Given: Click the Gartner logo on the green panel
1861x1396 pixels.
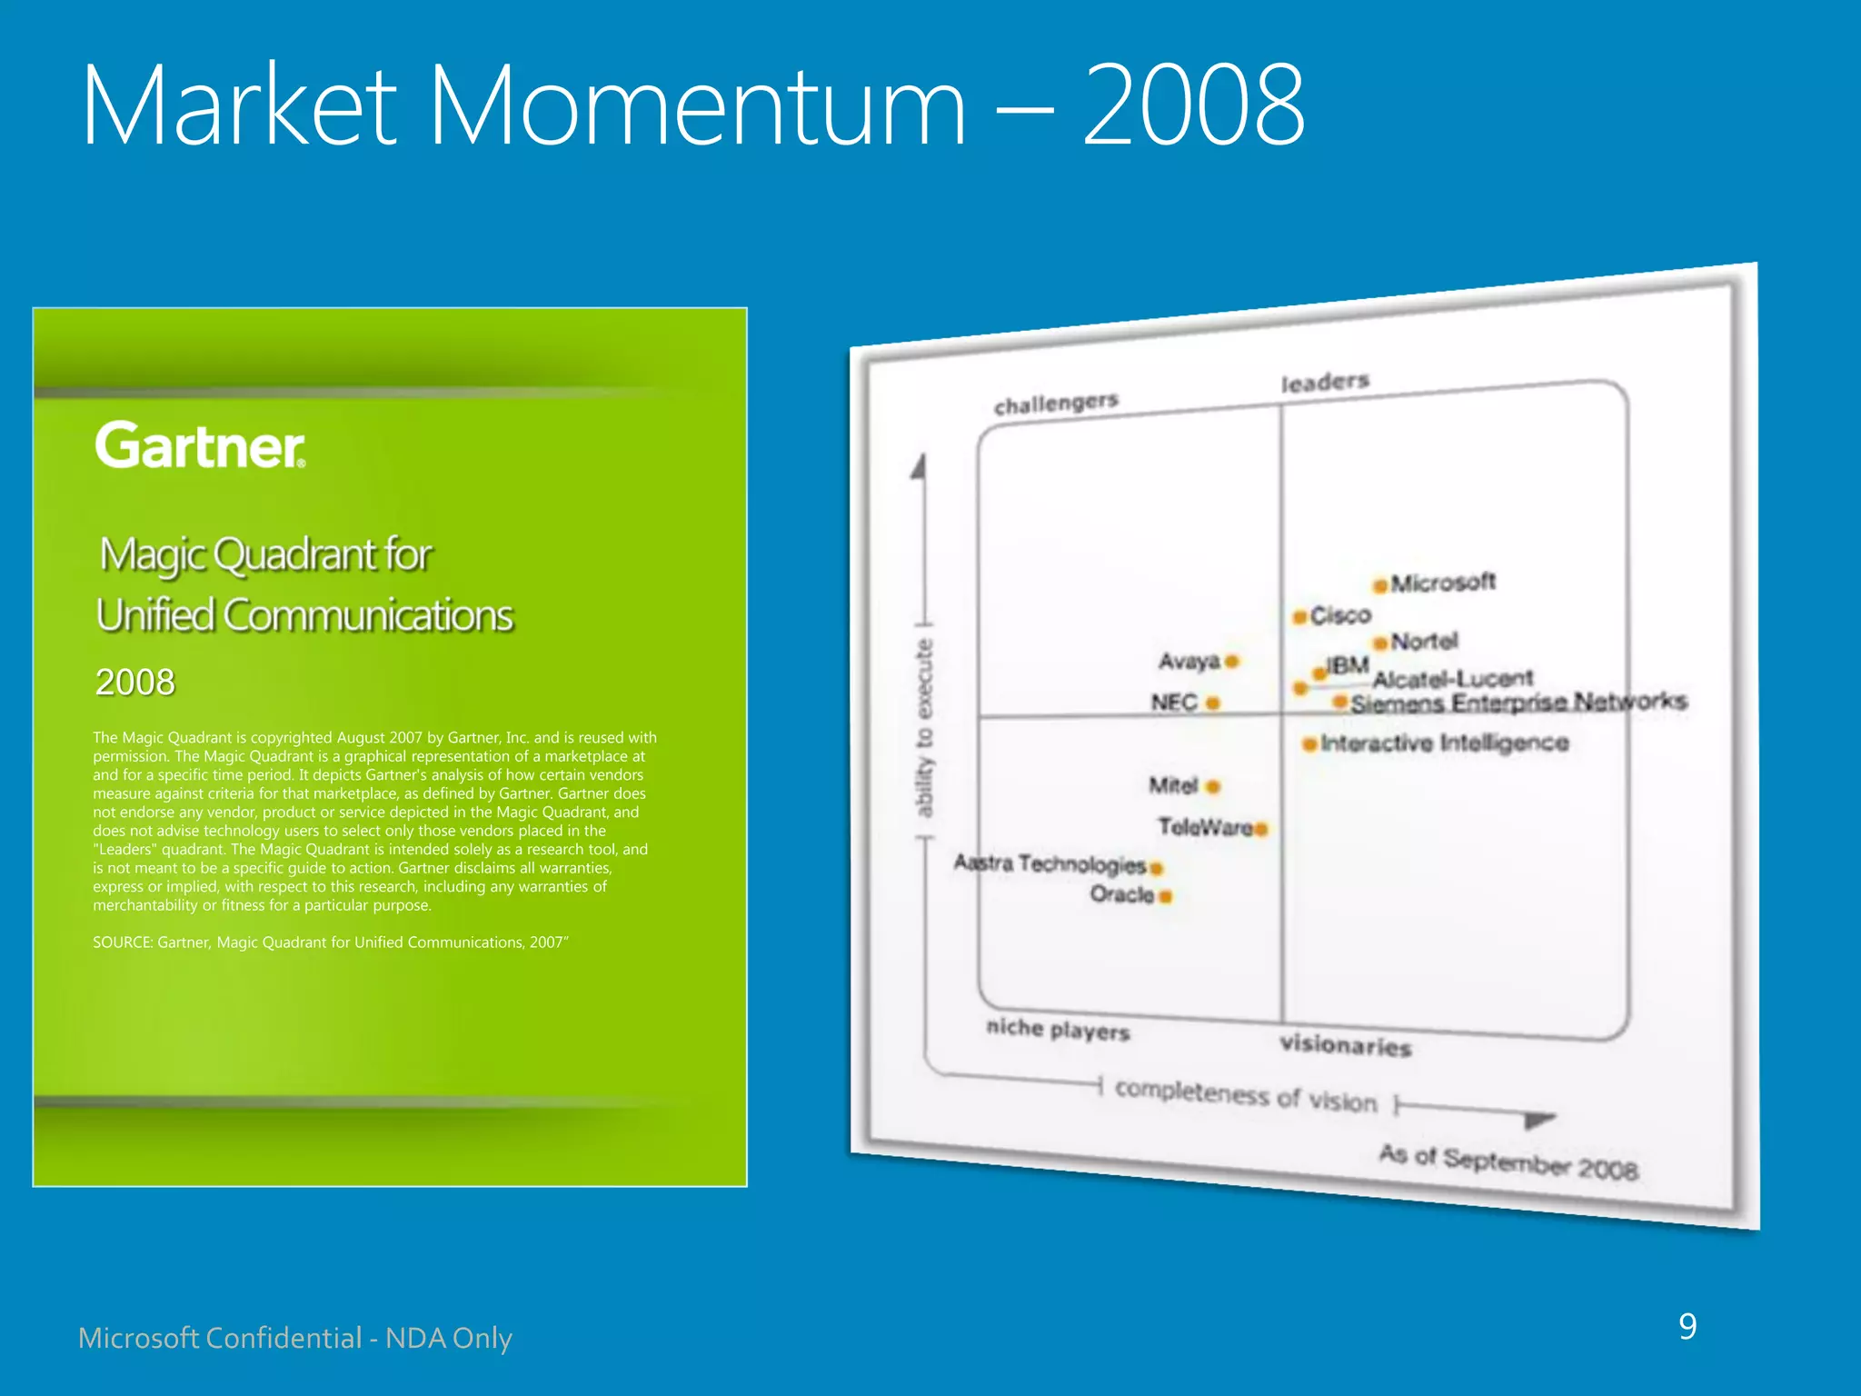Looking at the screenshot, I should pyautogui.click(x=200, y=445).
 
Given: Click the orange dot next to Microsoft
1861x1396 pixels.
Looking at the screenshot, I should pyautogui.click(x=1380, y=585).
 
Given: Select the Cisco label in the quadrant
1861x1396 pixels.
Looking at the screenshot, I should pyautogui.click(x=1340, y=615).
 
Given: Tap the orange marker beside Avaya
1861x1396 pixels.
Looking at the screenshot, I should pyautogui.click(x=1232, y=662).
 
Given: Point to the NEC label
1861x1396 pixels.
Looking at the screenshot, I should pyautogui.click(x=1174, y=703).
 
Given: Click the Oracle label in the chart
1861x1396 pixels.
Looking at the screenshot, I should pyautogui.click(x=1122, y=894).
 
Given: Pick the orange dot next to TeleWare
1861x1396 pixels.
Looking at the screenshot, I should pyautogui.click(x=1261, y=828).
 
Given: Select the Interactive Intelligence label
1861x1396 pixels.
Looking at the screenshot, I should pyautogui.click(x=1445, y=743).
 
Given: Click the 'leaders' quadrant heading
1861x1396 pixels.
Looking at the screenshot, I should pyautogui.click(x=1325, y=383).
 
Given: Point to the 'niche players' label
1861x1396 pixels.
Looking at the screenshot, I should pyautogui.click(x=1058, y=1030).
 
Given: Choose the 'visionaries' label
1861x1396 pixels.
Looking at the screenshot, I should pyautogui.click(x=1346, y=1045).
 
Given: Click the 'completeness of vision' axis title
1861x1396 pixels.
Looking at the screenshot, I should pyautogui.click(x=1246, y=1095).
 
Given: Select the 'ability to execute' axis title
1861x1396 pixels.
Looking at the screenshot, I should pyautogui.click(x=924, y=727).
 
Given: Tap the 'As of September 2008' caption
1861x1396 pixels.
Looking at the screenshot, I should pyautogui.click(x=1508, y=1162).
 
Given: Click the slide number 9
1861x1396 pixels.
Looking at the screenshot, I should pyautogui.click(x=1687, y=1327).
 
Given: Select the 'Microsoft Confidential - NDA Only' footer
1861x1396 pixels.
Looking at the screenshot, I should pyautogui.click(x=295, y=1338).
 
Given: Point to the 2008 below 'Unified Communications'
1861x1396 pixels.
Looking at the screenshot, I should pyautogui.click(x=134, y=682).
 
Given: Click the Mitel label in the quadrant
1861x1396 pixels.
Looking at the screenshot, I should pyautogui.click(x=1173, y=785).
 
